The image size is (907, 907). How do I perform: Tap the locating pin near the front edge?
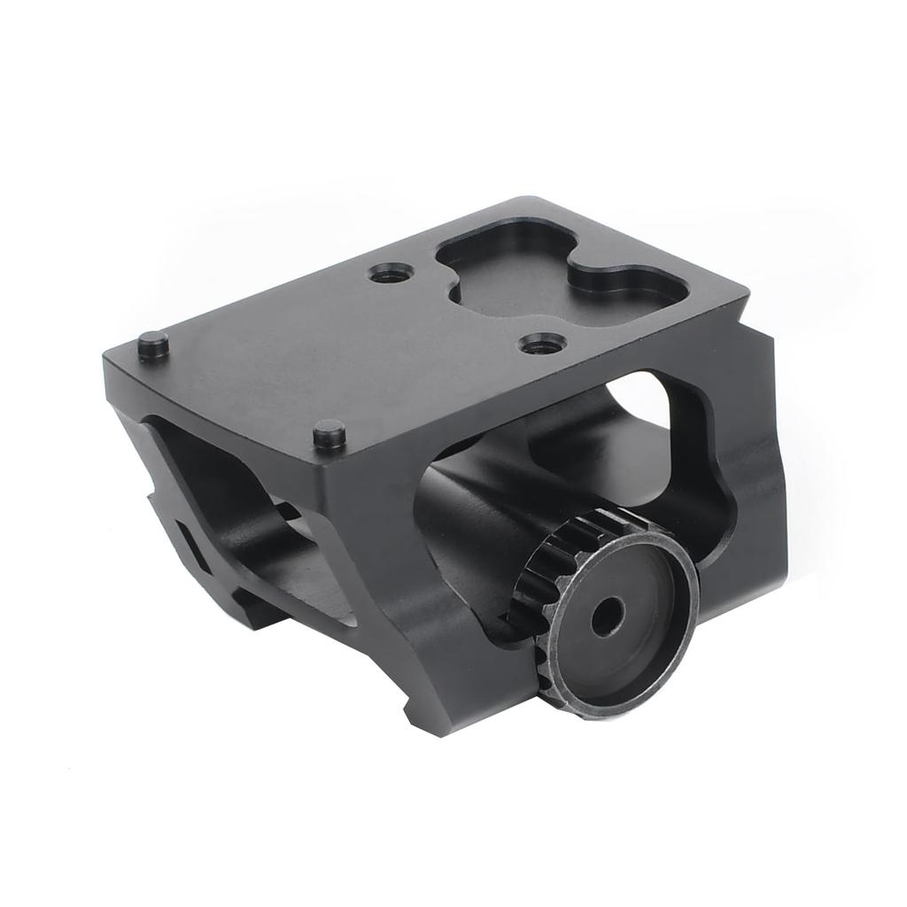point(329,434)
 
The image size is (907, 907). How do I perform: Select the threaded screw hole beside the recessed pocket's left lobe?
point(389,274)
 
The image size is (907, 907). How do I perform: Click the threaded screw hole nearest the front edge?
point(542,343)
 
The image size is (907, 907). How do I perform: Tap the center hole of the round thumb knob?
point(606,616)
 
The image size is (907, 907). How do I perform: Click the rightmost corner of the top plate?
point(748,296)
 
